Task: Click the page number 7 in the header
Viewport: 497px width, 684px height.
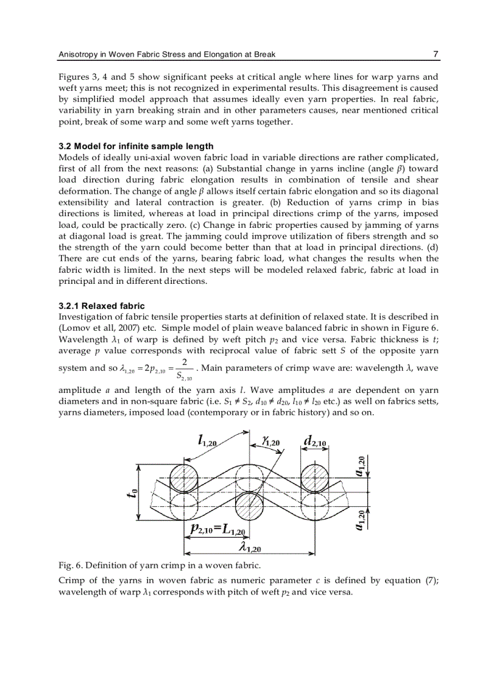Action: tap(435, 54)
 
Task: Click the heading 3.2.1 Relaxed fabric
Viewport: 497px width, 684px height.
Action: tap(102, 306)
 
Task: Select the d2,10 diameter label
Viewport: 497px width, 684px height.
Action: tap(315, 441)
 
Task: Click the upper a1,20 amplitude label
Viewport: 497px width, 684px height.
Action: tap(361, 466)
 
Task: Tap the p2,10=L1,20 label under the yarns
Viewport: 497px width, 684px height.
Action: tap(217, 529)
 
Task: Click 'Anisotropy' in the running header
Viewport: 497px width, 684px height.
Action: tap(78, 54)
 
